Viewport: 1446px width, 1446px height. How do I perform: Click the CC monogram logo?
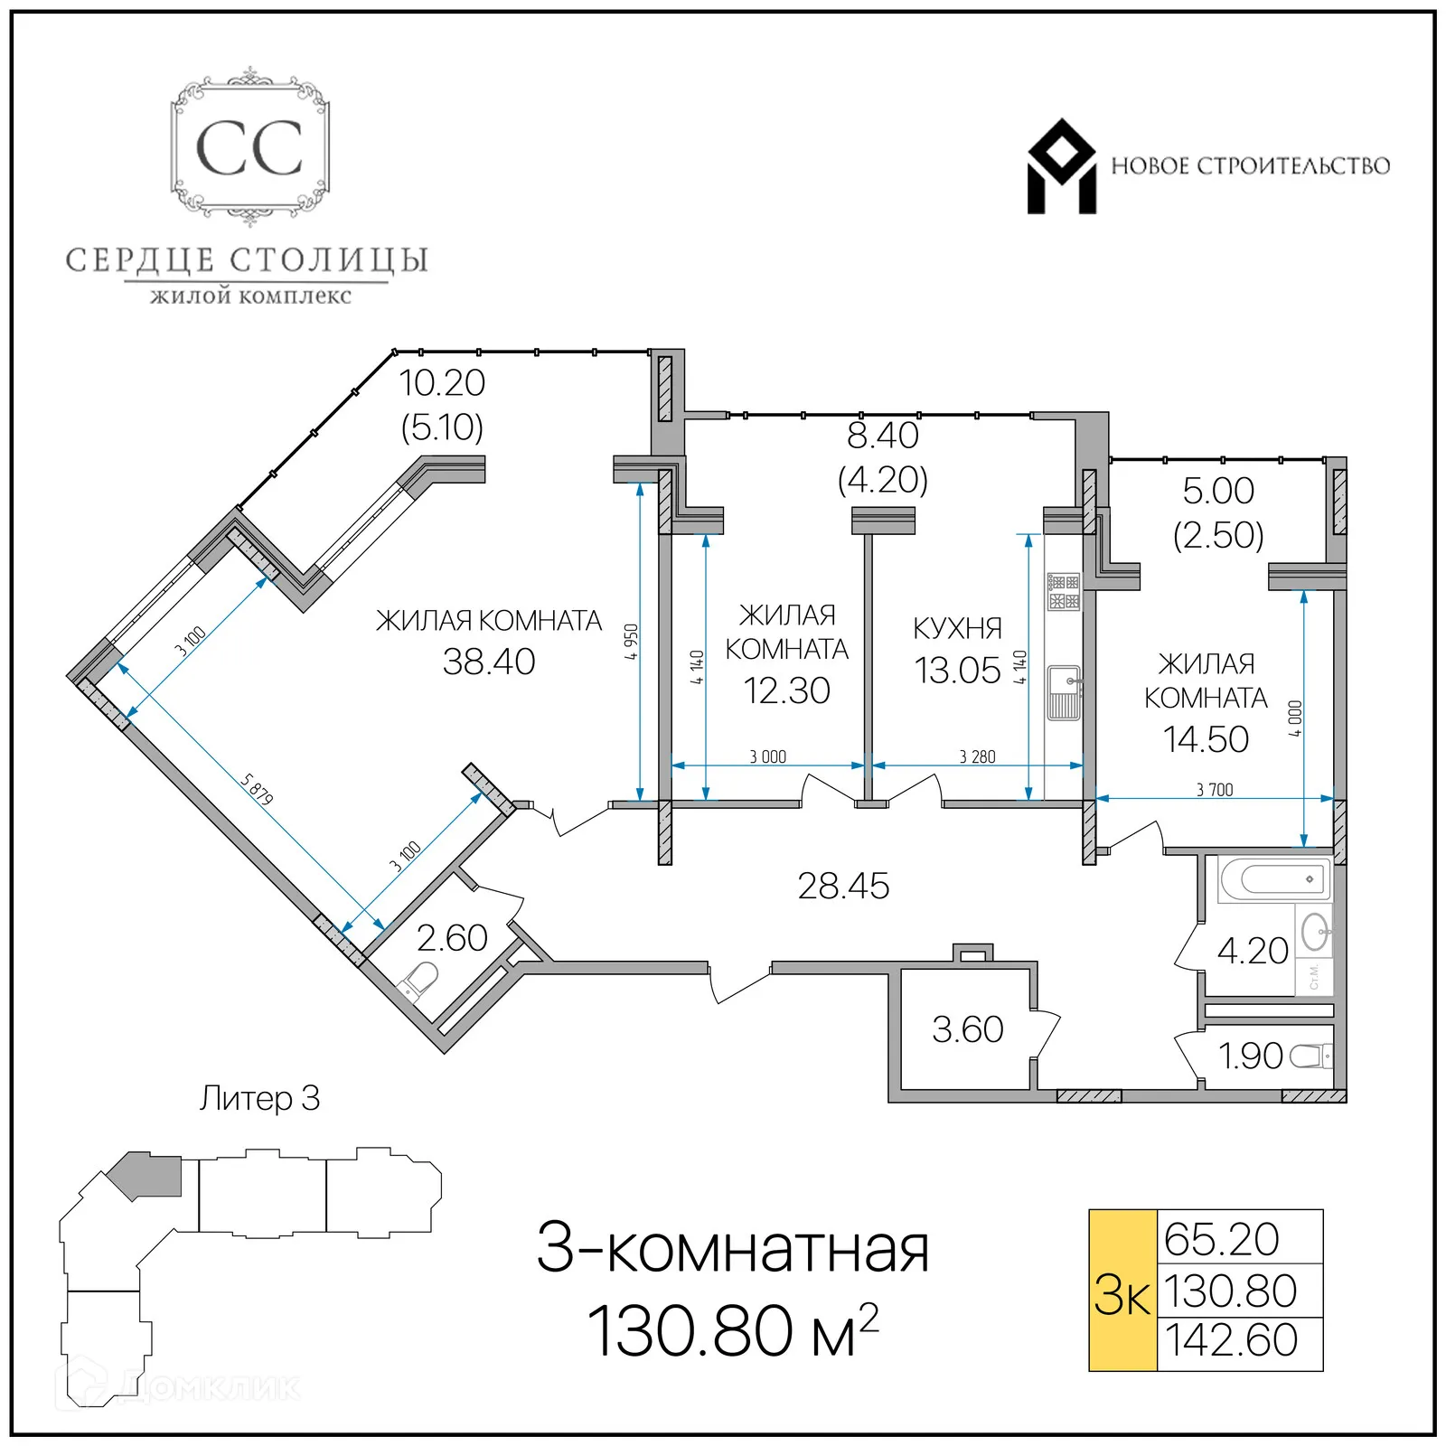coord(249,148)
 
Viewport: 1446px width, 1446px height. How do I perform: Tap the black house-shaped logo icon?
coord(1061,167)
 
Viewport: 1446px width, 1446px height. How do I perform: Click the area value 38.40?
coord(489,662)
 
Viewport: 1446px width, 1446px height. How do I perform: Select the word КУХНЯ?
coord(957,628)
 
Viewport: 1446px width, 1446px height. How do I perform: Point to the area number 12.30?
coord(786,691)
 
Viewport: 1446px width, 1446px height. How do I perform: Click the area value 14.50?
coord(1206,739)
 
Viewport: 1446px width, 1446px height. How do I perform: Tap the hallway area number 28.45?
coord(843,887)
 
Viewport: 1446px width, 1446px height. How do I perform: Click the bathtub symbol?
coord(1273,878)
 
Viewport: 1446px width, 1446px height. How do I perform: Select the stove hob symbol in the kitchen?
coord(1064,592)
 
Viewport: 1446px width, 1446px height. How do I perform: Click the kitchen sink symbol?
coord(1064,692)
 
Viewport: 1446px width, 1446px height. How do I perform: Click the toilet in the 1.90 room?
coord(1310,1056)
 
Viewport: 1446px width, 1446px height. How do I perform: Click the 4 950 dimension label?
coord(632,642)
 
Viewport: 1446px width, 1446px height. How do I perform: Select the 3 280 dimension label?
coord(977,757)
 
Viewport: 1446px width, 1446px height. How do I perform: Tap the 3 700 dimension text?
coord(1215,790)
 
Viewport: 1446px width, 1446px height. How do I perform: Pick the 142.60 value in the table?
coord(1231,1340)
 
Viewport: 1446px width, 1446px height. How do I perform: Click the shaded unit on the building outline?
coord(149,1174)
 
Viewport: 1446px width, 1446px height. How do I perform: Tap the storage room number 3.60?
coord(967,1030)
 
